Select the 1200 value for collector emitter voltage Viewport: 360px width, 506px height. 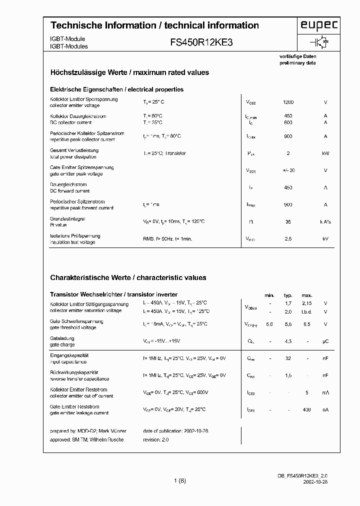click(x=288, y=102)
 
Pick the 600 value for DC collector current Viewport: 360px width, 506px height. click(x=288, y=122)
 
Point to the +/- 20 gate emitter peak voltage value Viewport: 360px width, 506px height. click(x=288, y=170)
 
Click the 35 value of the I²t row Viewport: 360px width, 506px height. click(x=288, y=221)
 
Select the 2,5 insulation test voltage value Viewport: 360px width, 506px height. click(x=288, y=239)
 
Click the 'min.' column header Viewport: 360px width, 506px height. click(x=269, y=295)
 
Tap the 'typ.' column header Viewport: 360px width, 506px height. click(x=288, y=295)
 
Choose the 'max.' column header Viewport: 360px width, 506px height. click(x=306, y=295)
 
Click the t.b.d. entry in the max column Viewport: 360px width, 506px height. click(x=306, y=311)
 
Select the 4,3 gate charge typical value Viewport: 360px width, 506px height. click(x=288, y=341)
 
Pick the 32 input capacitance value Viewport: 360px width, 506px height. click(x=288, y=358)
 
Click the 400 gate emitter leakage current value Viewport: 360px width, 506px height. click(x=306, y=410)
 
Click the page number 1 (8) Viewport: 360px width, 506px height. click(x=180, y=481)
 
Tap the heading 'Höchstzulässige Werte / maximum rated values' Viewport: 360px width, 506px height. click(x=129, y=72)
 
